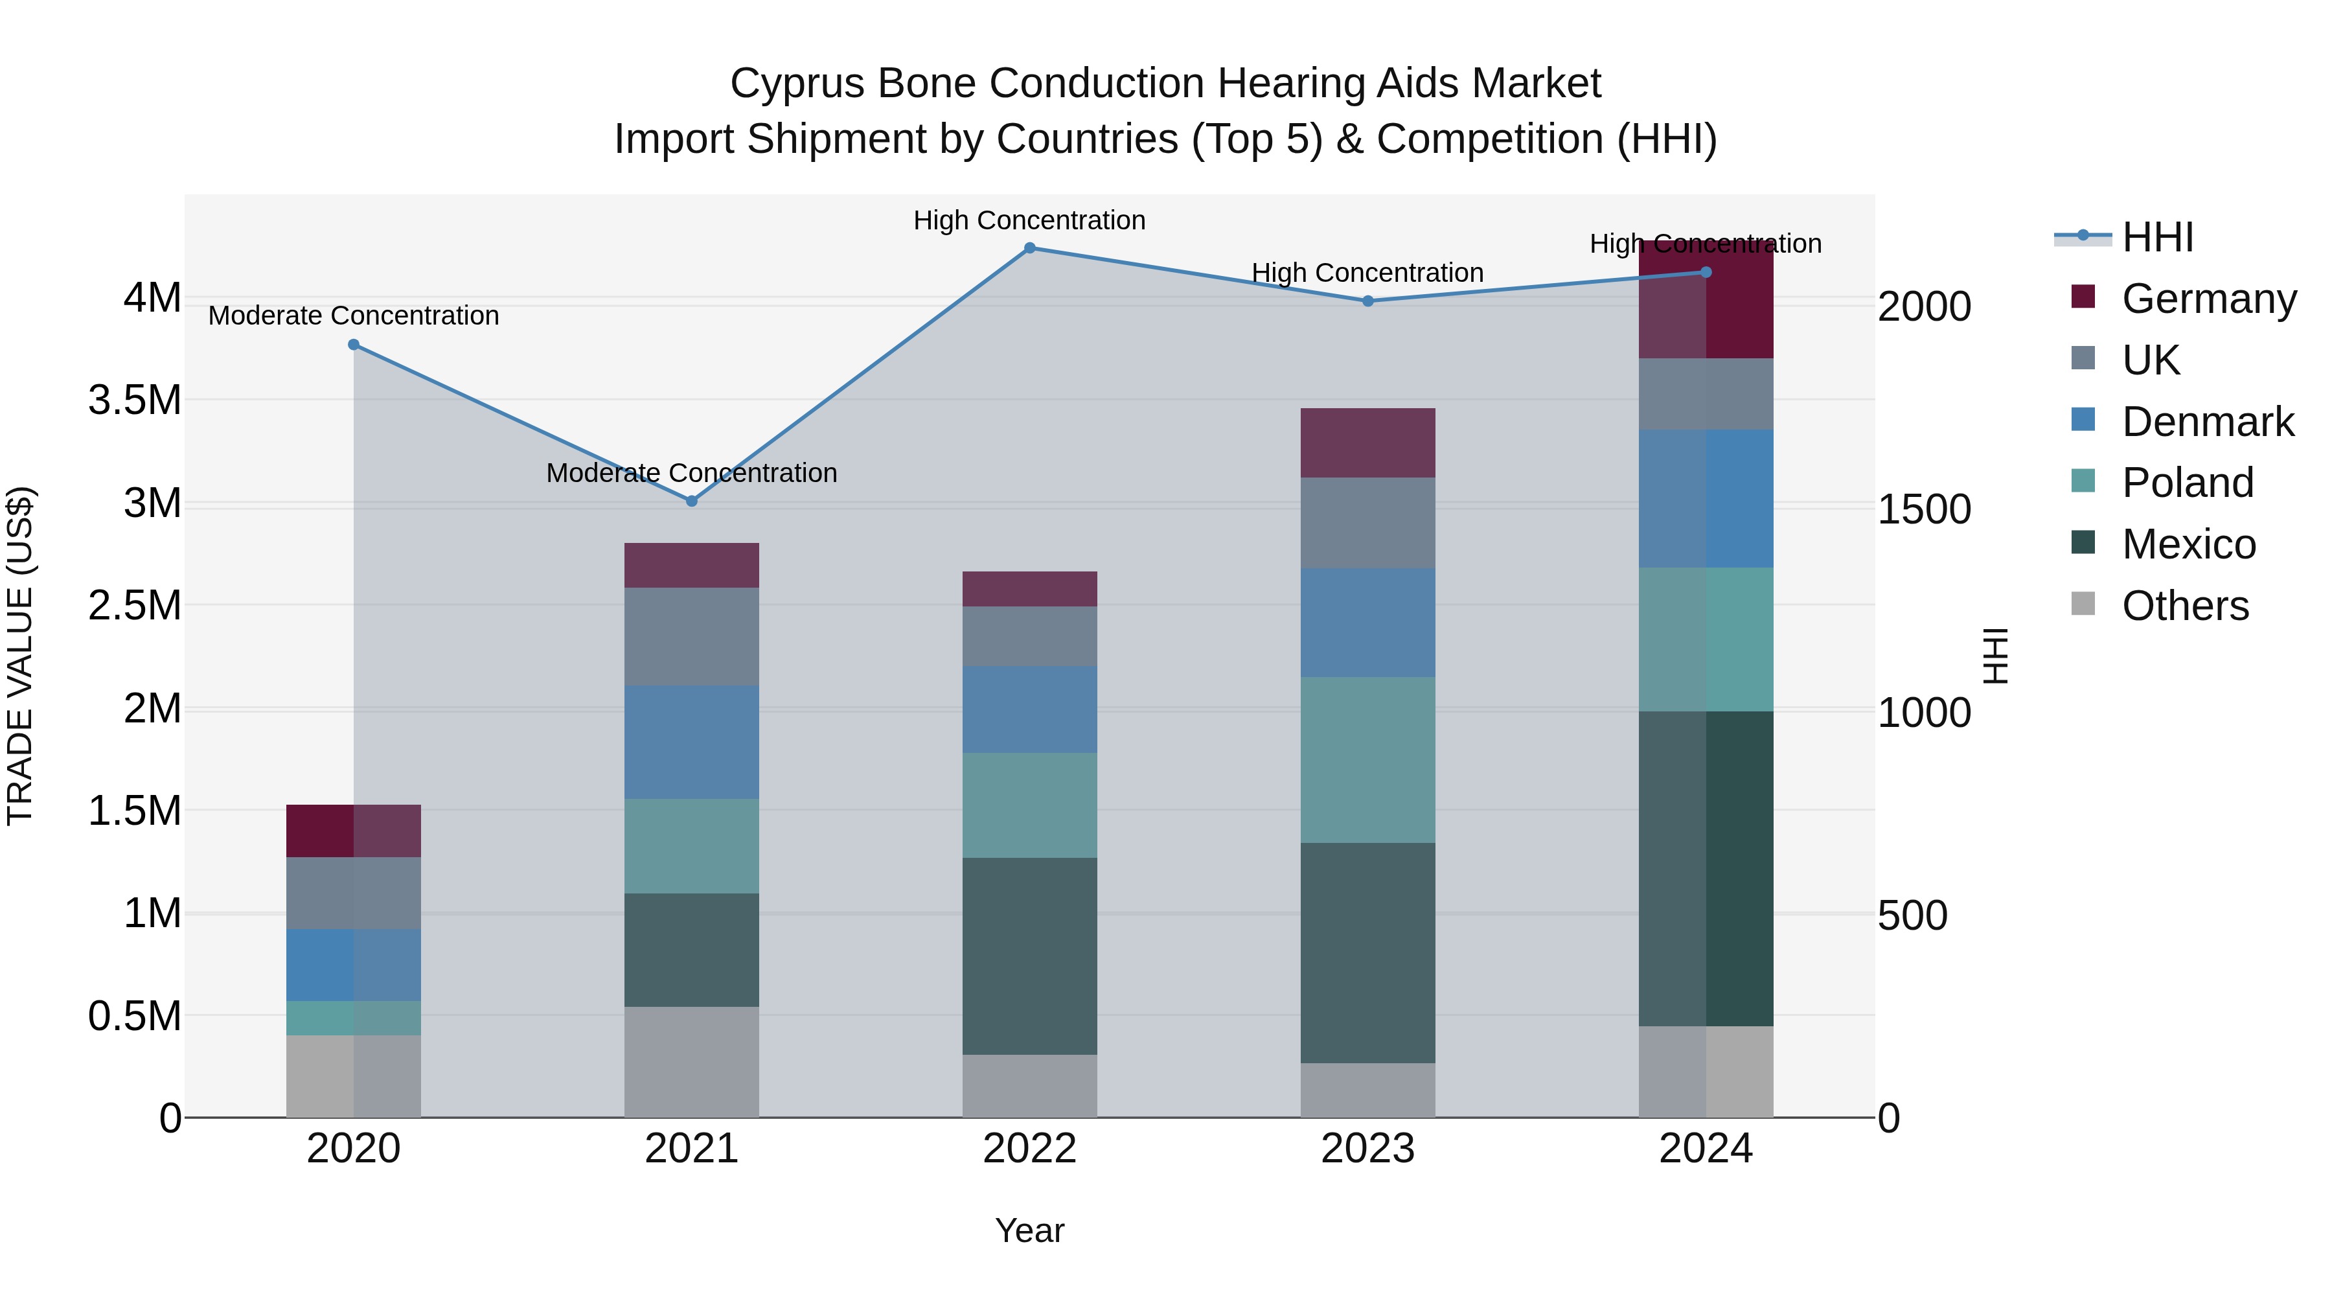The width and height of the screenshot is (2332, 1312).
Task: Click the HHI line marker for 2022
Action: point(1029,248)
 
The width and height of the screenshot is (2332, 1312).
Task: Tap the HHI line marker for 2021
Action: point(692,501)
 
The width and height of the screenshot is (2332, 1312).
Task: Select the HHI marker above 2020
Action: point(354,345)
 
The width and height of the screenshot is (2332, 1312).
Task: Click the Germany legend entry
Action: point(2209,299)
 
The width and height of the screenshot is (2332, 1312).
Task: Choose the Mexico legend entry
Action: point(2188,544)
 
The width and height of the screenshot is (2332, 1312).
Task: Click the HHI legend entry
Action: point(2157,237)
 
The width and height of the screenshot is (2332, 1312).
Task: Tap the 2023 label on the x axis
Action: point(1367,1149)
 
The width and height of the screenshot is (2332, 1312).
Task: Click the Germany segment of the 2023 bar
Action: point(1367,443)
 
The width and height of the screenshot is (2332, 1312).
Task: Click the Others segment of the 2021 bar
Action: point(692,1061)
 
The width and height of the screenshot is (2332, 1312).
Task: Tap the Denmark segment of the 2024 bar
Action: point(1706,499)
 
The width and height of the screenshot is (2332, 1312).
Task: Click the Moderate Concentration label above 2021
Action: point(692,473)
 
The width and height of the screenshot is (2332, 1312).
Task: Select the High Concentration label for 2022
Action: point(1029,220)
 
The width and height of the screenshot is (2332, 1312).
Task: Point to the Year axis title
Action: point(1029,1230)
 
